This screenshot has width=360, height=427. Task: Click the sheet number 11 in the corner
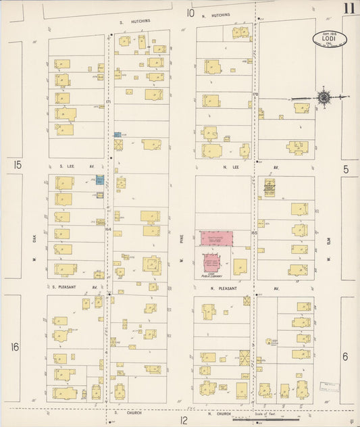(x=349, y=9)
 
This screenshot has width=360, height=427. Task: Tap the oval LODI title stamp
(x=330, y=39)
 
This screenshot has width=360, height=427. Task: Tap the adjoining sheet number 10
(x=190, y=13)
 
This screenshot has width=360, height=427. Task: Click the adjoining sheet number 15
(x=17, y=165)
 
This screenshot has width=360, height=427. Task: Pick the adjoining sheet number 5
(x=345, y=169)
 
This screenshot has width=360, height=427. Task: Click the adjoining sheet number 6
(x=344, y=356)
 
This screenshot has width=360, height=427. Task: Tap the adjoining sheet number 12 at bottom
(x=184, y=420)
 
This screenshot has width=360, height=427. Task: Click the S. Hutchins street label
(x=135, y=21)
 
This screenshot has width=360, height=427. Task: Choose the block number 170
(x=255, y=94)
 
